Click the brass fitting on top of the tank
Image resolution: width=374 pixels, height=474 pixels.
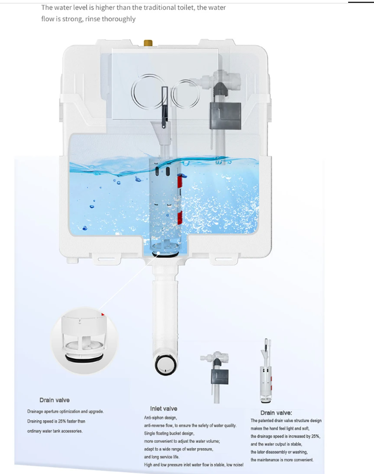point(148,43)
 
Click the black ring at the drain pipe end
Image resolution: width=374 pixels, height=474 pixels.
point(166,365)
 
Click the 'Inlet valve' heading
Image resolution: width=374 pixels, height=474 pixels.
point(164,408)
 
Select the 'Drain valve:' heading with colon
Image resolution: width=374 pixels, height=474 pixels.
point(276,412)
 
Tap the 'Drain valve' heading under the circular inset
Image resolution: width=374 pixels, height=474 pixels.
point(55,400)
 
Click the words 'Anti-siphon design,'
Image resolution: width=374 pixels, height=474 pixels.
point(161,418)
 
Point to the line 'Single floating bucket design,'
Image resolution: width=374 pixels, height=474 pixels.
point(169,433)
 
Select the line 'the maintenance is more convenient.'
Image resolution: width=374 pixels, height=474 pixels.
point(282,460)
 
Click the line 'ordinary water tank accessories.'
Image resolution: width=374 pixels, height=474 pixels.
point(55,431)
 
